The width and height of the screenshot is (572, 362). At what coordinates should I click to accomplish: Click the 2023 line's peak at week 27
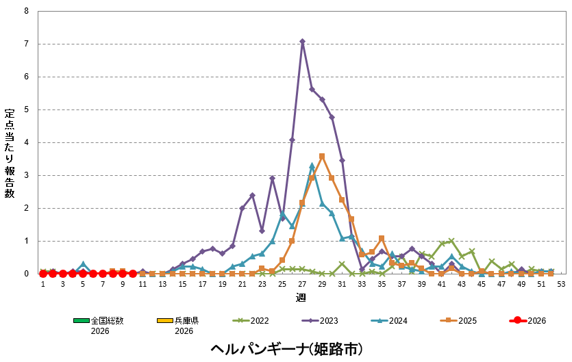(x=302, y=41)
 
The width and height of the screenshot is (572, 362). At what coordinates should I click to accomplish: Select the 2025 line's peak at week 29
(x=322, y=156)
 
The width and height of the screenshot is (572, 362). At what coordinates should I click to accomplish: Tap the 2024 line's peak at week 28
(x=312, y=166)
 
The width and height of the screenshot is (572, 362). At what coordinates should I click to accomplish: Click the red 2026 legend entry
(x=527, y=320)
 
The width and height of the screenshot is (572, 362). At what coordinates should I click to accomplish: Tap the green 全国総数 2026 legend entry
(x=99, y=324)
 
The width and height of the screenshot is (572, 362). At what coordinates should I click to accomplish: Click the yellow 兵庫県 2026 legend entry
(x=175, y=324)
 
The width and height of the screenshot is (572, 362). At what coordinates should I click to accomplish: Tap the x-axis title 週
(x=301, y=298)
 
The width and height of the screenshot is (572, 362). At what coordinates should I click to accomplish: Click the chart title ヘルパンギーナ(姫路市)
(x=286, y=349)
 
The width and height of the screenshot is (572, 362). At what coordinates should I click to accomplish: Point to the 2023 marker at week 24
(x=272, y=179)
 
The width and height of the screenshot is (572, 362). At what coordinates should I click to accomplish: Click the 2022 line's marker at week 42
(x=451, y=241)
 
